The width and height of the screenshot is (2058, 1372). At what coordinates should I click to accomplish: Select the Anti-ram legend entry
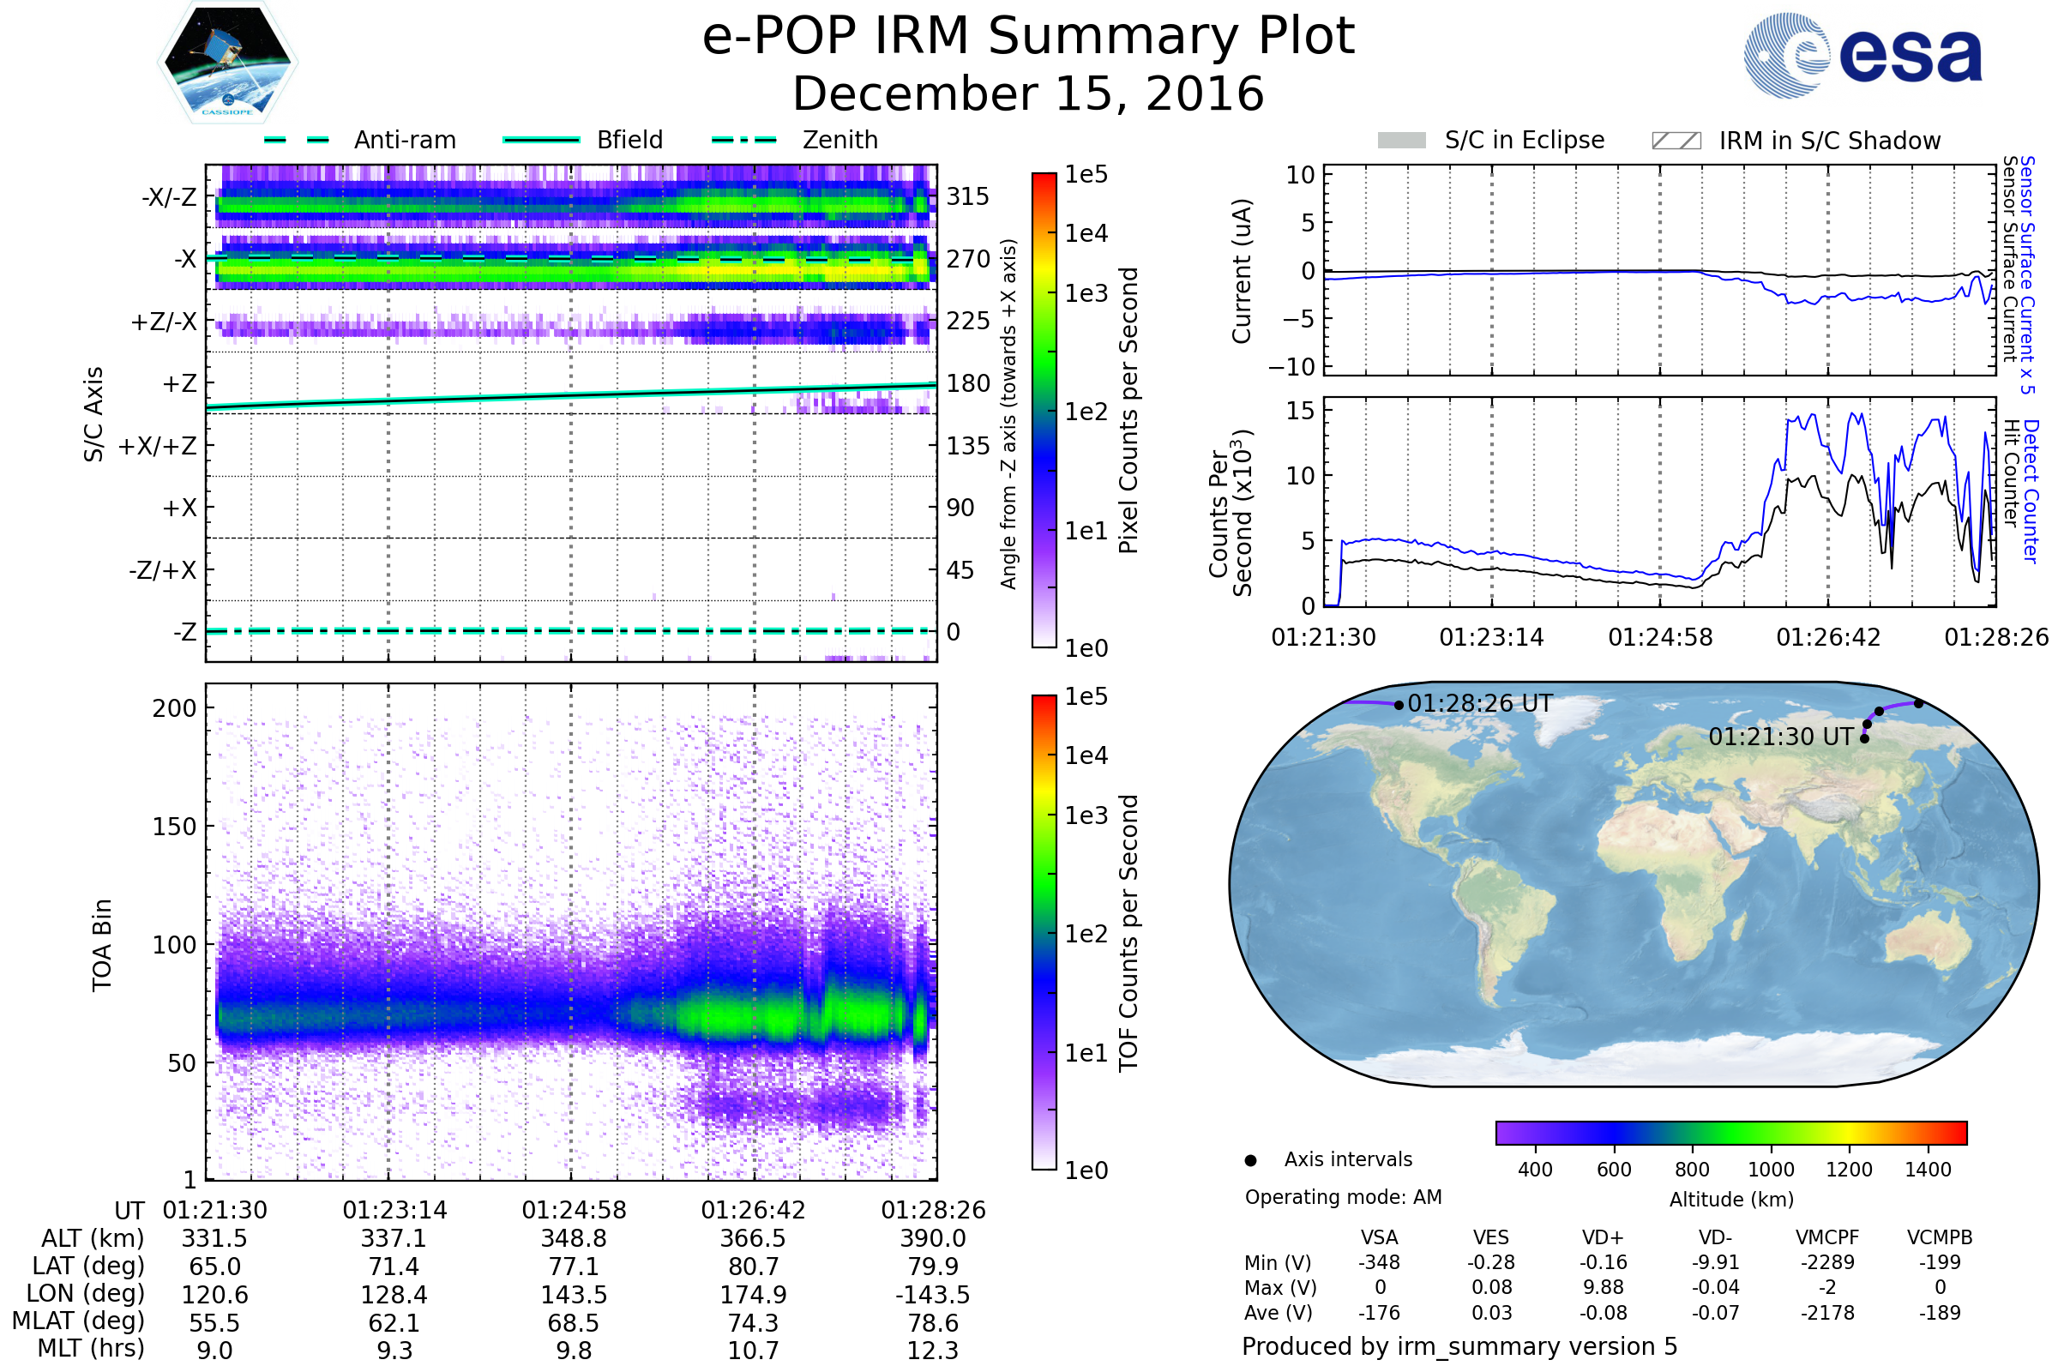(404, 140)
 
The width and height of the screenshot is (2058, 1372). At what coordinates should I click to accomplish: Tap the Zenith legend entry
(839, 140)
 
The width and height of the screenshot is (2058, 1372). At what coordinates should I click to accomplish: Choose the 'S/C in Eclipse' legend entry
(1524, 140)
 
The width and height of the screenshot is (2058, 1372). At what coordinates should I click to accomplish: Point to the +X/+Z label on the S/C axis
(158, 446)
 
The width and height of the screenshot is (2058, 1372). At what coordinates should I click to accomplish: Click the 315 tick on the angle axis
(967, 196)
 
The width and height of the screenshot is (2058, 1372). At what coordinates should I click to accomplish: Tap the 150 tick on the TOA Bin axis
(174, 827)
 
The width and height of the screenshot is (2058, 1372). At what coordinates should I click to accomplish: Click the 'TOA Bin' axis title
(102, 945)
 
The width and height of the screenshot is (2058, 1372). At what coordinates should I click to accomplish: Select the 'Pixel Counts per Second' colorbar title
(1128, 411)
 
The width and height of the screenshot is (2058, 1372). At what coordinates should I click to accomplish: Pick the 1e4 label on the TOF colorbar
(1086, 755)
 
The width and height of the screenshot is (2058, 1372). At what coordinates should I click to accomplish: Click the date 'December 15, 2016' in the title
(1028, 94)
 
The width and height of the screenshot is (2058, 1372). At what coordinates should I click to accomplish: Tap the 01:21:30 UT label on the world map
(1780, 737)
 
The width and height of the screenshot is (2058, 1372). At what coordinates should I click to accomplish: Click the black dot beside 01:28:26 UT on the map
(1399, 705)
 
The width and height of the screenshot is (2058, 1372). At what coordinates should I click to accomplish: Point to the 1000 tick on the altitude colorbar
(1770, 1170)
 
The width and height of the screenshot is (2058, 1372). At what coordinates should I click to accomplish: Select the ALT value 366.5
(753, 1239)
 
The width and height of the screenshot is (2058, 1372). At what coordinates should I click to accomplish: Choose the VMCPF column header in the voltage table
(1827, 1238)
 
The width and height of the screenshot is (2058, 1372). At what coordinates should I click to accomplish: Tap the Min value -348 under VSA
(1379, 1262)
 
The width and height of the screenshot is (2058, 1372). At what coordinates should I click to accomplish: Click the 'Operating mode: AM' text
(1343, 1197)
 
